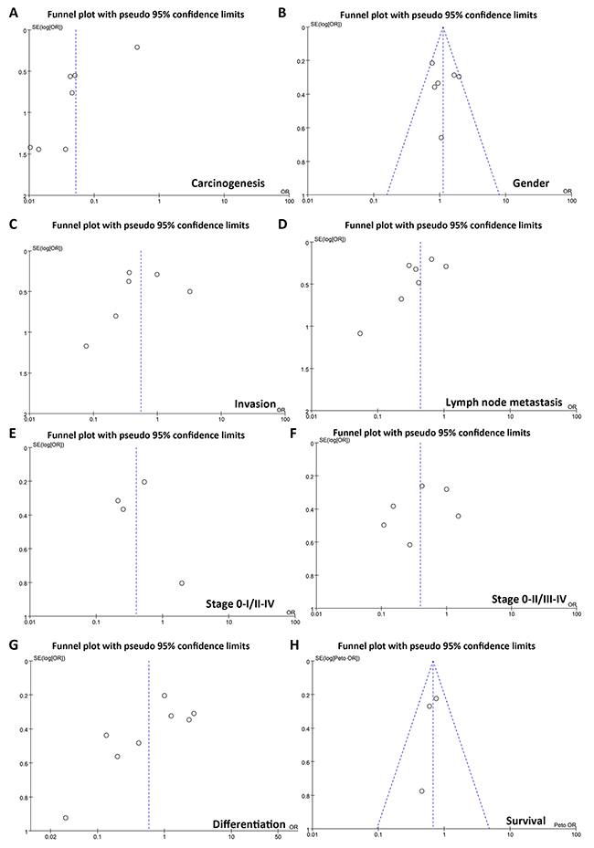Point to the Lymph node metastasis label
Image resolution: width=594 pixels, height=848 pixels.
pyautogui.click(x=505, y=402)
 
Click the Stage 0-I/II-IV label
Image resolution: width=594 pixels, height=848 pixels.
pyautogui.click(x=239, y=600)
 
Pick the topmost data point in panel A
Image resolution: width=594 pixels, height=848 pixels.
pyautogui.click(x=137, y=47)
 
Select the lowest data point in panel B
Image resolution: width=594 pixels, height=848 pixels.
pyautogui.click(x=440, y=138)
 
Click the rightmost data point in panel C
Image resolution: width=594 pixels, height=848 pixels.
pyautogui.click(x=190, y=291)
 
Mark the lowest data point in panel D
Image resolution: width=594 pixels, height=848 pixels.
pyautogui.click(x=360, y=333)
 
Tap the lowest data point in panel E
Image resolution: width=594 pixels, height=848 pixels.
pyautogui.click(x=182, y=583)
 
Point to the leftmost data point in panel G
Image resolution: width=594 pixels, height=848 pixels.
pyautogui.click(x=65, y=818)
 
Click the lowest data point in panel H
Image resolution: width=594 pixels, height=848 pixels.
pyautogui.click(x=421, y=791)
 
